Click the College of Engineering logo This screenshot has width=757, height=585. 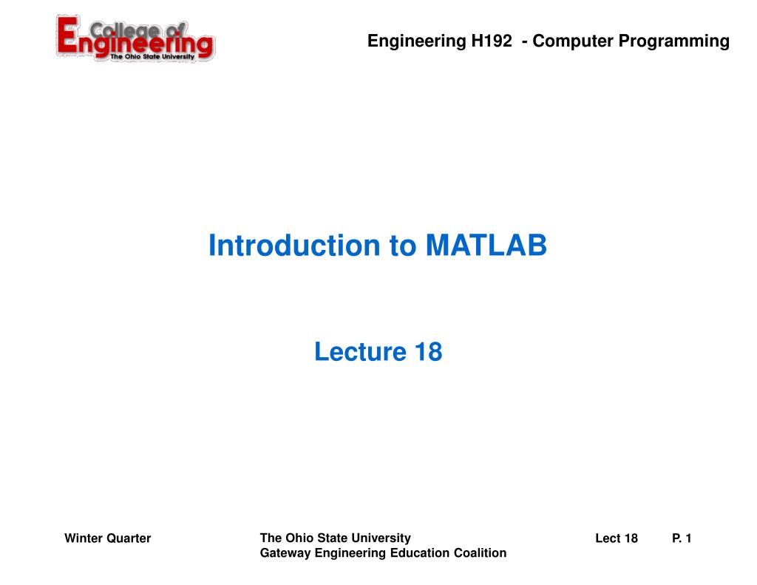(135, 39)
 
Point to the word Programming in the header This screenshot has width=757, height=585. (673, 41)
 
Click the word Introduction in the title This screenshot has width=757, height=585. (293, 246)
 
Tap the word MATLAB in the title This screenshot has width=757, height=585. (486, 246)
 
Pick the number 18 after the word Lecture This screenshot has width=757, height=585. (428, 351)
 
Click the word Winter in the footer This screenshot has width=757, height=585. (84, 538)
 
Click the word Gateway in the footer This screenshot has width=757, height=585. (283, 553)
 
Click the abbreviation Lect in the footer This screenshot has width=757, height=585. (607, 538)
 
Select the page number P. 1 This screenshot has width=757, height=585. (682, 538)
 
